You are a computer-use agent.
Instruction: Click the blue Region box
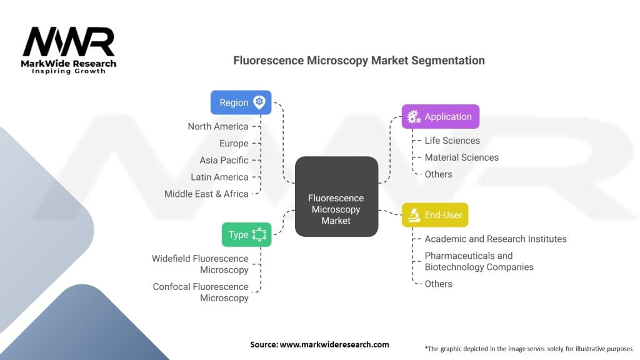[x=241, y=102]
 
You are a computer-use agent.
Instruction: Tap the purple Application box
[x=440, y=116]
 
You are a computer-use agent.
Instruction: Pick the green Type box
[x=246, y=234]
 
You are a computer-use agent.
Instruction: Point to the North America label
[x=217, y=126]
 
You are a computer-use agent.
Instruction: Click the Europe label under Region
[x=234, y=143]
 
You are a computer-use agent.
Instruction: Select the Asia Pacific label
[x=224, y=160]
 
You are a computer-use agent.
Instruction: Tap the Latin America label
[x=219, y=177]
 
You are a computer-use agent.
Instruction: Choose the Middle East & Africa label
[x=206, y=194]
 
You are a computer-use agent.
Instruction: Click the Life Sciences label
[x=452, y=141]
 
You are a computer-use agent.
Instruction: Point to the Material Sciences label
[x=461, y=157]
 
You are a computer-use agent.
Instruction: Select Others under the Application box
[x=438, y=174]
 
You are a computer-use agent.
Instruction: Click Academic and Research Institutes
[x=495, y=239]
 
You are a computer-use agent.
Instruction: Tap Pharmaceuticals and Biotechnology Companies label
[x=479, y=261]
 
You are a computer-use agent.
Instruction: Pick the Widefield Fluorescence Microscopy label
[x=200, y=264]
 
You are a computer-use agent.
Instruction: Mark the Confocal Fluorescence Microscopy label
[x=201, y=292]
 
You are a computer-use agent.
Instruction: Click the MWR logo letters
[x=69, y=42]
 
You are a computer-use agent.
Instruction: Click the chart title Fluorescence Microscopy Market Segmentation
[x=359, y=61]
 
